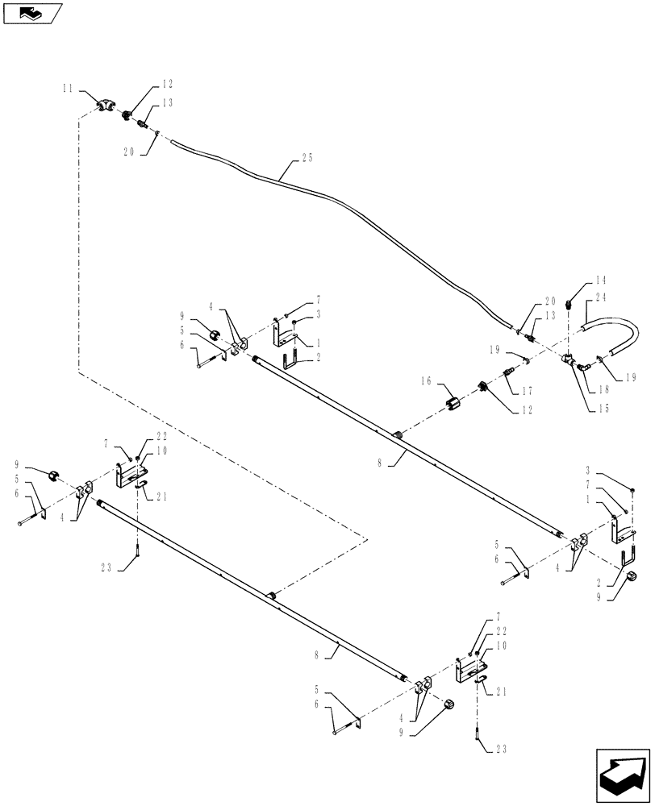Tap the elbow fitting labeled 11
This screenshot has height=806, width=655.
pyautogui.click(x=106, y=105)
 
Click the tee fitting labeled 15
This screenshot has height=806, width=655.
pyautogui.click(x=570, y=361)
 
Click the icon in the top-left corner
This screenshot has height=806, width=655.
pyautogui.click(x=31, y=13)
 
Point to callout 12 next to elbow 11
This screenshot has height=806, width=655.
pyautogui.click(x=167, y=83)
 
